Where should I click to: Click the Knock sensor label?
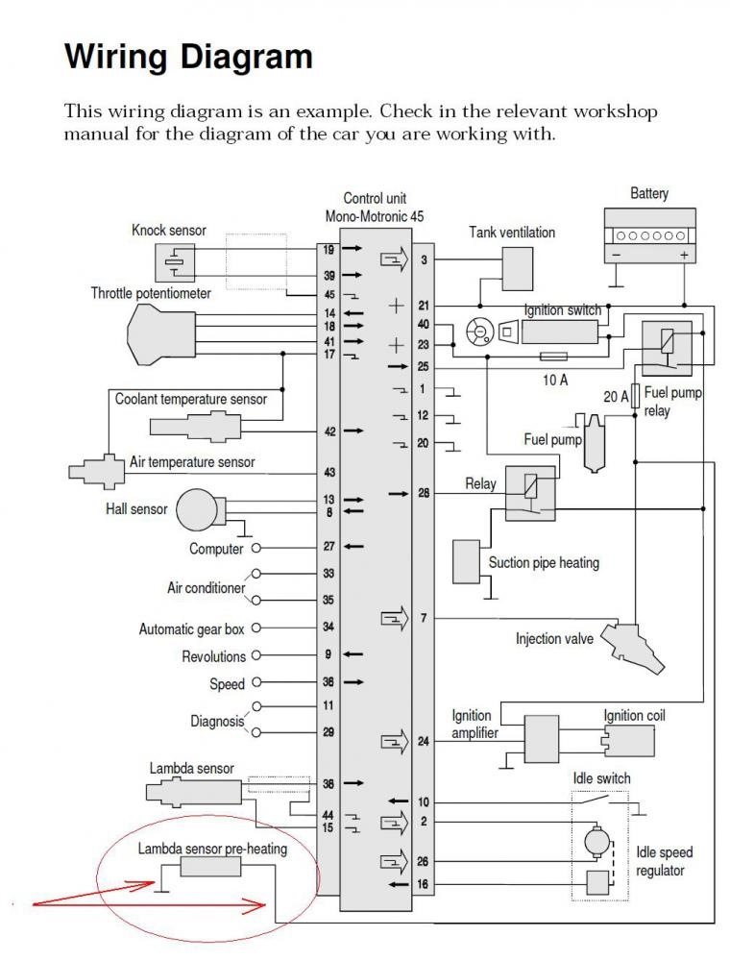[168, 231]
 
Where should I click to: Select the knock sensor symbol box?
[175, 262]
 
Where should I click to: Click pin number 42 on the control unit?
[329, 431]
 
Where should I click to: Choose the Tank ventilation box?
[518, 268]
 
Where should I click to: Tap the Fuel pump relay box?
[667, 348]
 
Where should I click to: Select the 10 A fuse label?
[555, 381]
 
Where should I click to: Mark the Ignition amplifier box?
[542, 741]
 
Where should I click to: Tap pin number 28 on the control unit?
[424, 493]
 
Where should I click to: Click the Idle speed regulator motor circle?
[597, 842]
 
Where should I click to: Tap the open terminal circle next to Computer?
[255, 549]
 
